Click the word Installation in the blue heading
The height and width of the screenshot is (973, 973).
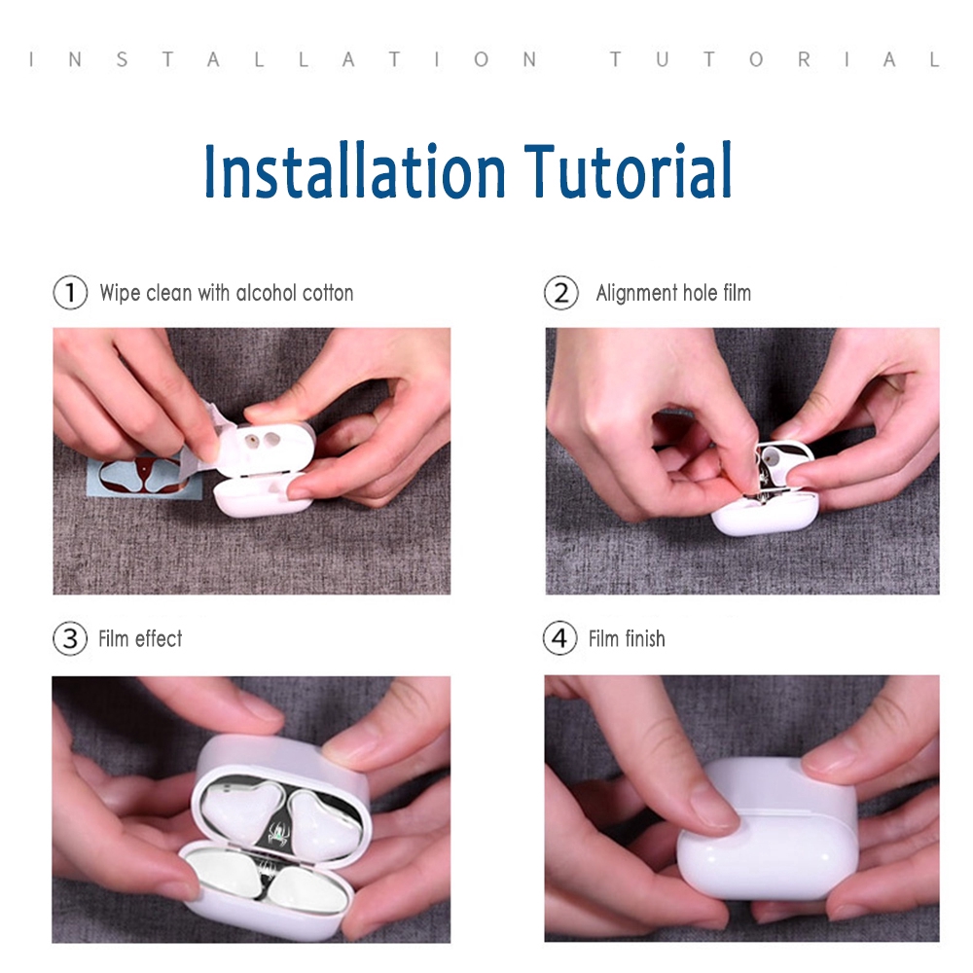click(355, 170)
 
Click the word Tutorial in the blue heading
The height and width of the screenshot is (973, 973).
click(628, 170)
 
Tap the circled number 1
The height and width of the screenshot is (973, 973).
click(70, 292)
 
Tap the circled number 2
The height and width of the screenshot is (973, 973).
click(561, 292)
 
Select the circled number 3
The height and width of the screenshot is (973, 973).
click(70, 638)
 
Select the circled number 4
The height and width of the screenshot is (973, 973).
click(559, 638)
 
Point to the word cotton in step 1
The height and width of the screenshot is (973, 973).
click(327, 293)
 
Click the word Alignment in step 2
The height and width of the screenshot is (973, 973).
click(636, 293)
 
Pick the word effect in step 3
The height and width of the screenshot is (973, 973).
click(159, 638)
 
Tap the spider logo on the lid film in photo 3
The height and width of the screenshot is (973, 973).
click(277, 831)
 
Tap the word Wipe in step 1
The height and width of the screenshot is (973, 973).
click(120, 293)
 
